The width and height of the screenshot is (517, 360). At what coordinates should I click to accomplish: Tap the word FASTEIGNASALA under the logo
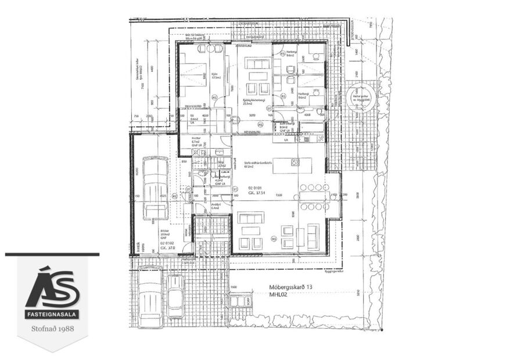pyautogui.click(x=52, y=315)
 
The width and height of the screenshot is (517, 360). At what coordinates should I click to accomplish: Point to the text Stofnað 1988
pyautogui.click(x=52, y=329)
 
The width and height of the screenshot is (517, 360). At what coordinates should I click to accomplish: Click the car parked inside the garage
pyautogui.click(x=155, y=189)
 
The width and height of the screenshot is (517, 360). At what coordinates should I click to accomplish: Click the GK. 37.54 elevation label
pyautogui.click(x=257, y=194)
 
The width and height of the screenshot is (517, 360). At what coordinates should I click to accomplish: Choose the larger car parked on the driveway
pyautogui.click(x=150, y=296)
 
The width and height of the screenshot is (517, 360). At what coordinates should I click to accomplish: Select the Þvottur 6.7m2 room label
pyautogui.click(x=197, y=141)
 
